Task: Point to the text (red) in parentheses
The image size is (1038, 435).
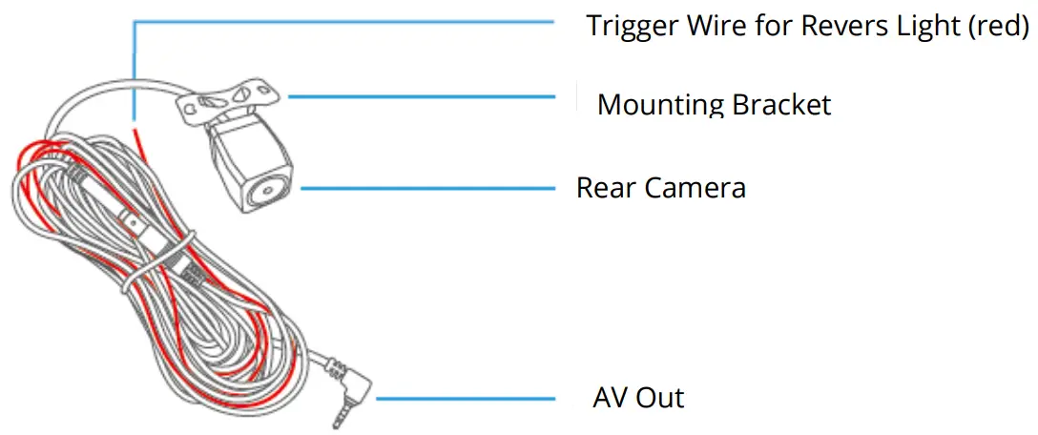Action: (998, 26)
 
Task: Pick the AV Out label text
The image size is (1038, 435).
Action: (638, 397)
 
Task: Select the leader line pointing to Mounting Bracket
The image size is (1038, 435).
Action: (420, 95)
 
